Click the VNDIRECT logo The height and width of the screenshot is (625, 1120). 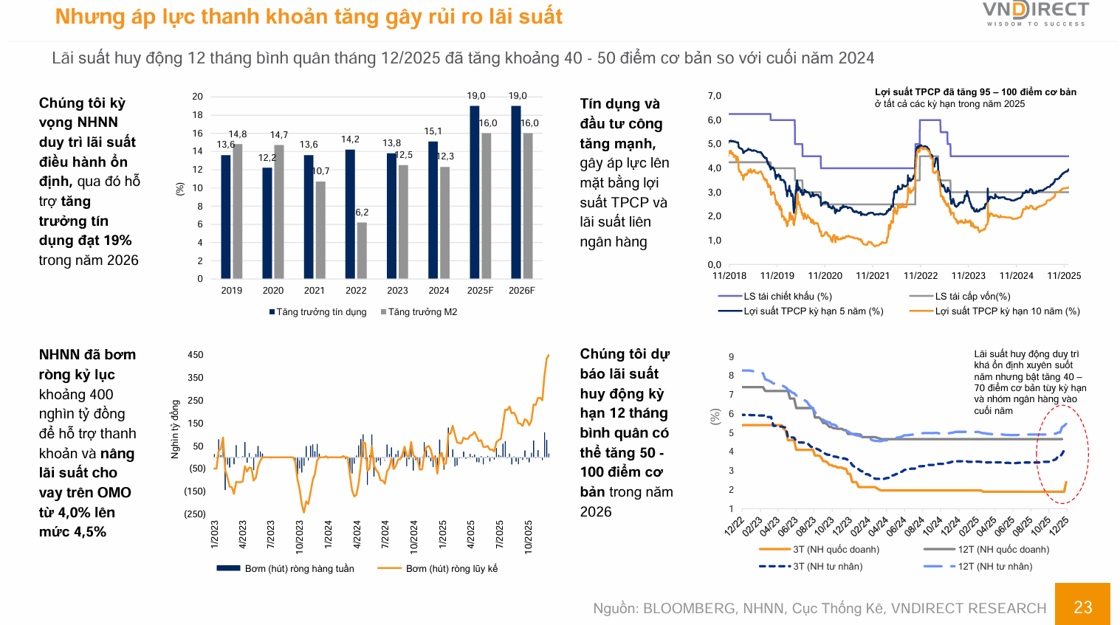coord(1036,13)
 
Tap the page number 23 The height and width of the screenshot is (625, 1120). coord(1082,607)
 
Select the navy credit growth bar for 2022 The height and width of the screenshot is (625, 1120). coord(350,214)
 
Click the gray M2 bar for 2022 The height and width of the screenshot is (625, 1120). coord(362,250)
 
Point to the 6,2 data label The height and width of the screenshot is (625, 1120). coord(362,213)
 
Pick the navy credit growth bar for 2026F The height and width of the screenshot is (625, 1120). coord(516,192)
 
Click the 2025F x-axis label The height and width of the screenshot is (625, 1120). coord(480,291)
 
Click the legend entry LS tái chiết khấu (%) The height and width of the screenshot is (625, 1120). coord(787,297)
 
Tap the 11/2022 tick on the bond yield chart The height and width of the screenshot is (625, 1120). coord(920,276)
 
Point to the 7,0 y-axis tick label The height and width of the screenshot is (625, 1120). coord(714,96)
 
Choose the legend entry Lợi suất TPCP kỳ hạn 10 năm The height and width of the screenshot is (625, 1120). coord(1007,311)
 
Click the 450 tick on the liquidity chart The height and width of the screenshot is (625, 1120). coord(196,355)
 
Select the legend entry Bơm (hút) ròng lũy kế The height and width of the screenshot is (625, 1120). coord(451,569)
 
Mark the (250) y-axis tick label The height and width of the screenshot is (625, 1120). coord(194,514)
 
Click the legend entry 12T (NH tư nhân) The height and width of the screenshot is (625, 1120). coord(994,567)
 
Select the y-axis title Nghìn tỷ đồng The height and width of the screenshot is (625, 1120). coord(176,429)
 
